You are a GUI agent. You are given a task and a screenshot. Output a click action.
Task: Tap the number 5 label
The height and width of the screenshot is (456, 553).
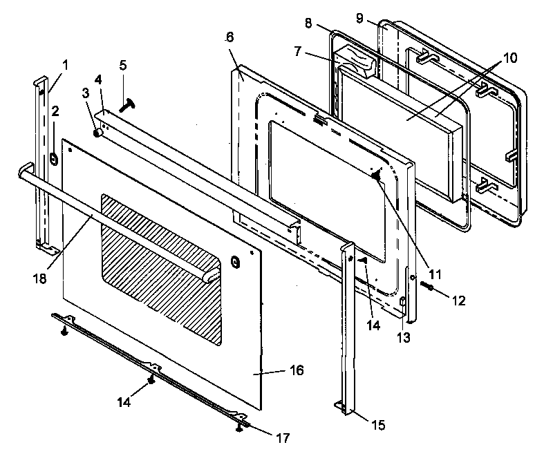(122, 66)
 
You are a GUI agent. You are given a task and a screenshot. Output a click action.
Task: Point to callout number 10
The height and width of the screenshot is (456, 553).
(509, 58)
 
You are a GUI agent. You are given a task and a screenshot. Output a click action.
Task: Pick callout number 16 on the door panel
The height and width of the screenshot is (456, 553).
(295, 371)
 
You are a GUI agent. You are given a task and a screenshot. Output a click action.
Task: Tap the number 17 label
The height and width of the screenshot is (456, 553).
(282, 437)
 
